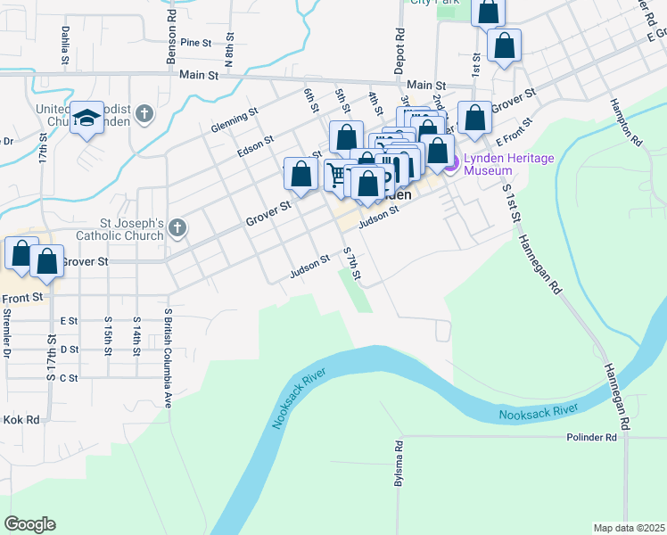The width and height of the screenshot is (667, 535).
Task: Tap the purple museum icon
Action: [451, 164]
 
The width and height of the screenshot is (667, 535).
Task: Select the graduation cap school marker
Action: [86, 119]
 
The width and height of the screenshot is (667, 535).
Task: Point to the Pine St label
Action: [195, 42]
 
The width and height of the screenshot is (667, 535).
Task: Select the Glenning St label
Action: [235, 120]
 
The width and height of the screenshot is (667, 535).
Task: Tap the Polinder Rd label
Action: [591, 438]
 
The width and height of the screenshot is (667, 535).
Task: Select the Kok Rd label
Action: [22, 419]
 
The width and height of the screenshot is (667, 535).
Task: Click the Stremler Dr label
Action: [7, 331]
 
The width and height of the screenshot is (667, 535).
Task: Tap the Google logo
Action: [29, 524]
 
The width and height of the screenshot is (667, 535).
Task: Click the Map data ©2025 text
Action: [629, 528]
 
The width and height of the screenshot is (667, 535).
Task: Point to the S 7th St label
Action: [352, 265]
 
